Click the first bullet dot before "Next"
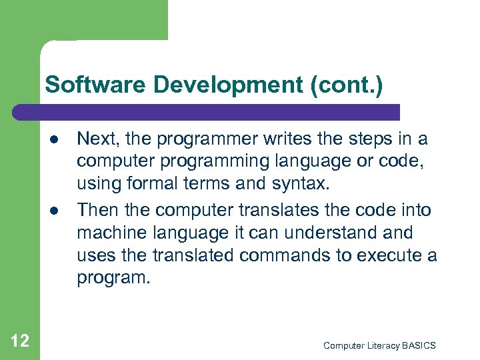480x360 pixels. (x=51, y=140)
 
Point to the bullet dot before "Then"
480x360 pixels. (x=51, y=211)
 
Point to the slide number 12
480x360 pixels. (x=21, y=341)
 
